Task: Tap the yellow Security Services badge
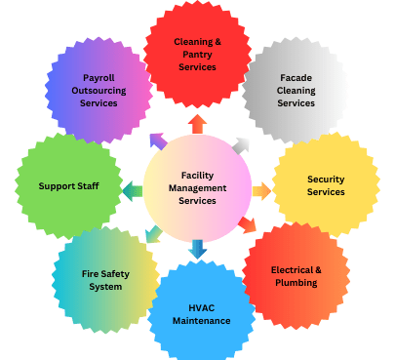pos(325,185)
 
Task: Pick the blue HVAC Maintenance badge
pos(202,312)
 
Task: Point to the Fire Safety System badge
pos(102,279)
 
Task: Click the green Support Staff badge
pos(64,185)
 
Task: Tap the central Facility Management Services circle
pos(197,185)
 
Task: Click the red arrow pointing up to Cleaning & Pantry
pos(197,123)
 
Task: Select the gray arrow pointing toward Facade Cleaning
pos(240,144)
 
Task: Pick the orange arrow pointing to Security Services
pos(261,191)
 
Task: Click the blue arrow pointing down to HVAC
pos(198,248)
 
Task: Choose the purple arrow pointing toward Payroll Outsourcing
pos(158,142)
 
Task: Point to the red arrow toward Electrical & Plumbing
pos(246,225)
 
